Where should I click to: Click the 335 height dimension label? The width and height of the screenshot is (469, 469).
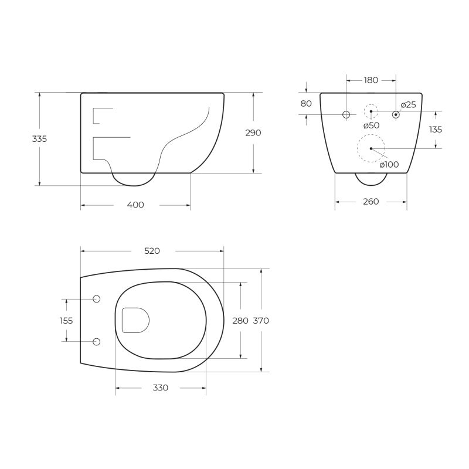click(39, 139)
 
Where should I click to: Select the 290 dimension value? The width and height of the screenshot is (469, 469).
click(253, 133)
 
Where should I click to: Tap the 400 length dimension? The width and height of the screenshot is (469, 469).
click(135, 205)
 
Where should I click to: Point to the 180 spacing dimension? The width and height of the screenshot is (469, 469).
click(371, 80)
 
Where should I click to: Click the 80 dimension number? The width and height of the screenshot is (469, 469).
click(306, 104)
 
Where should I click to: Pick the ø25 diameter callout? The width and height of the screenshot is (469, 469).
click(408, 105)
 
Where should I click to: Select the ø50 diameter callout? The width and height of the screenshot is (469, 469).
click(371, 125)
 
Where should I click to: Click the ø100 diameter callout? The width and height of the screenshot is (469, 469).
click(389, 164)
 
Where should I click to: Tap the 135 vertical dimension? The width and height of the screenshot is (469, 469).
click(435, 130)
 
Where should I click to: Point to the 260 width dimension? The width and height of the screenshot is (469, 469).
click(371, 202)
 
